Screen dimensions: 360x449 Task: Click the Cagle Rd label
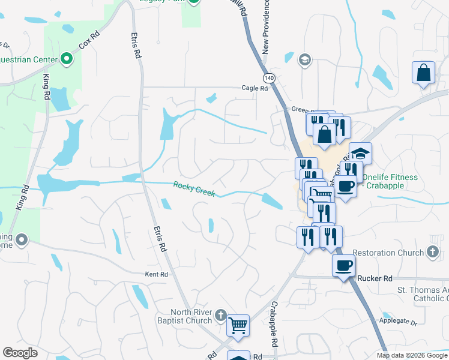point(255,88)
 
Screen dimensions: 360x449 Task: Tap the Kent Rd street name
point(155,274)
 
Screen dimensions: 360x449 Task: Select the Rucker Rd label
point(374,278)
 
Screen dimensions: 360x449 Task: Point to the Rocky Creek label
point(194,190)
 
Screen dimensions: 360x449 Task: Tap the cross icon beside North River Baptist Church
point(220,315)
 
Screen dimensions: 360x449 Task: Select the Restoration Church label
point(388,253)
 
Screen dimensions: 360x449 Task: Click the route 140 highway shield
point(269,78)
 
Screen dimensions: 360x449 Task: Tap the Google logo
point(20,353)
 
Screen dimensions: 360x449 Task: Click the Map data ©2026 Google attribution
point(412,355)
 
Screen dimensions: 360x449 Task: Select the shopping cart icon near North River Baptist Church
point(238,326)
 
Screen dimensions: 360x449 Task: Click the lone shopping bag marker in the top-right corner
point(423,73)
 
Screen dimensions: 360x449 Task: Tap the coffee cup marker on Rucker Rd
point(343,265)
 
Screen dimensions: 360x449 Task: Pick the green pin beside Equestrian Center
point(66,59)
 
